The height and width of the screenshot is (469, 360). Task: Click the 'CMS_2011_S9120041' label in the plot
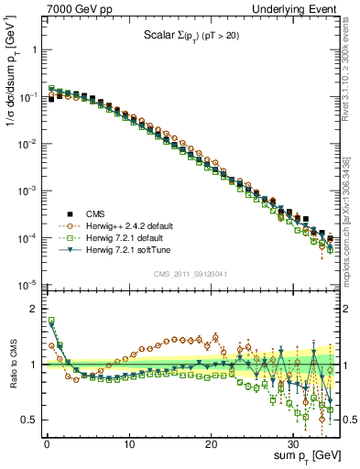click(190, 273)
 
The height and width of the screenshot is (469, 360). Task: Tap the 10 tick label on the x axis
click(129, 442)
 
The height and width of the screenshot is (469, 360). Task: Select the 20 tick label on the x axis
click(211, 442)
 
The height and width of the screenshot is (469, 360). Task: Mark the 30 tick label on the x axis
click(292, 442)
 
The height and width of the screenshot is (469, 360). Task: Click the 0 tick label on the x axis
click(47, 442)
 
